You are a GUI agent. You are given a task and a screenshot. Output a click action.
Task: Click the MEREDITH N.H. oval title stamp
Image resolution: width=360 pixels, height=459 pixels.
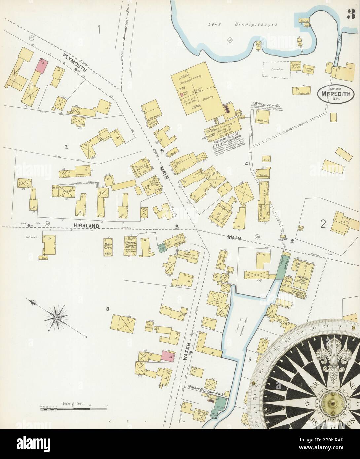(335, 93)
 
